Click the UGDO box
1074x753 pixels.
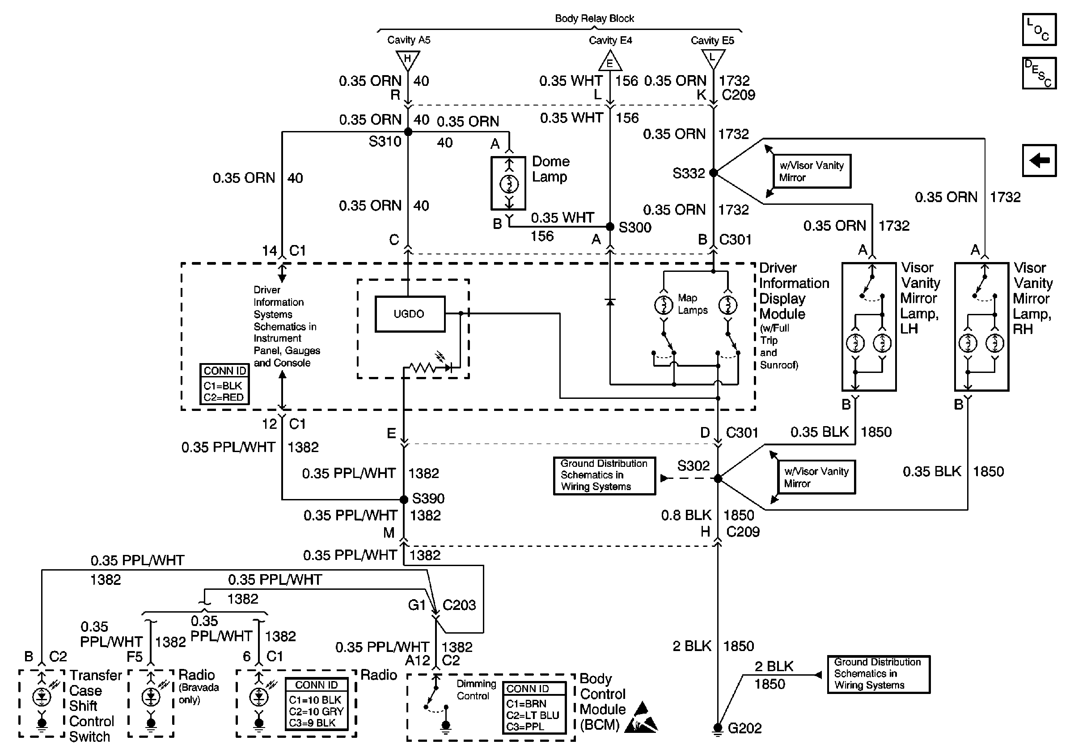coord(410,314)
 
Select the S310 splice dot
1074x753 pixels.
coord(408,132)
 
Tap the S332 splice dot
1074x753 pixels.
coord(713,173)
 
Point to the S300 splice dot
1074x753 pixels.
coord(610,227)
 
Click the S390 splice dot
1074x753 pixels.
coord(404,499)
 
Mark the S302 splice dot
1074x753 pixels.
coord(718,478)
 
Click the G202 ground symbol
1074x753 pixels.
coord(717,729)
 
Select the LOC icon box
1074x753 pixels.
coord(1039,30)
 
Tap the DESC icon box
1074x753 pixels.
coord(1039,73)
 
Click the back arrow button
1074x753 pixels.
coord(1039,161)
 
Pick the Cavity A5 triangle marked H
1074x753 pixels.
coord(408,59)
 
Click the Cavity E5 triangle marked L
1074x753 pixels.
coord(713,59)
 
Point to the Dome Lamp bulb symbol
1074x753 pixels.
coord(509,184)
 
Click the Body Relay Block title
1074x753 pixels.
coord(594,19)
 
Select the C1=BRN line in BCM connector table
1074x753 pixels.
coord(526,703)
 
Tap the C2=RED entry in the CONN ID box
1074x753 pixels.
coord(224,397)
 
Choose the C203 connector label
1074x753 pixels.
coord(459,605)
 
